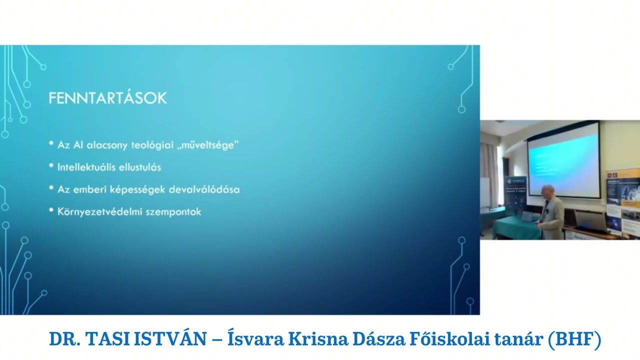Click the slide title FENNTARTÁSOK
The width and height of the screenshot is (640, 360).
(x=107, y=98)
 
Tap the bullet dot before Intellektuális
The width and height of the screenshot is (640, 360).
(x=51, y=166)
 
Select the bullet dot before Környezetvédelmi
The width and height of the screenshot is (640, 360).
(x=51, y=210)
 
